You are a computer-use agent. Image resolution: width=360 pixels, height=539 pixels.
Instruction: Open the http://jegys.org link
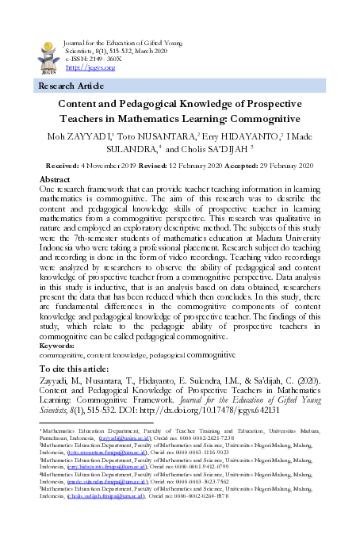[85, 68]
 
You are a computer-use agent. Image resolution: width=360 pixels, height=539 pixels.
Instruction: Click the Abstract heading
[56, 180]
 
